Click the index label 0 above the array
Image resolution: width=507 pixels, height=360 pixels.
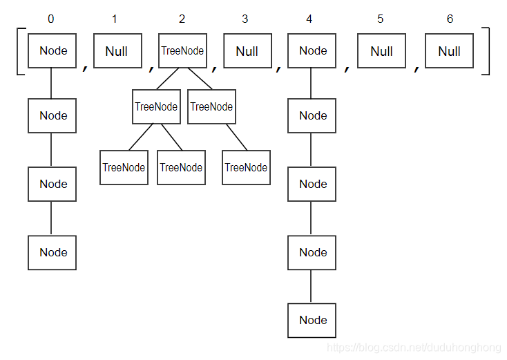pos(50,19)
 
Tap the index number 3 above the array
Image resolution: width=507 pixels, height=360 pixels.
pos(245,19)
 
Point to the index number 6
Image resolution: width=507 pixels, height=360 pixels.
pos(450,19)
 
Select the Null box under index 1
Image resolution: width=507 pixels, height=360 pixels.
pos(117,51)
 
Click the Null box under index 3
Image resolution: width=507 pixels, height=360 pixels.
pos(247,51)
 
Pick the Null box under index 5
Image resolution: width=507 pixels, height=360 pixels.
pos(381,51)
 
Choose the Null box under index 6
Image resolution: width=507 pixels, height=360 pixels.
pos(449,51)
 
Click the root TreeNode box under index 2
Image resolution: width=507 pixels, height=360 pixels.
pos(182,51)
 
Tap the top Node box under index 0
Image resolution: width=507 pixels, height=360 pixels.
pos(52,50)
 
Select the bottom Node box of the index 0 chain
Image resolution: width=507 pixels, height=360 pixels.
pos(52,252)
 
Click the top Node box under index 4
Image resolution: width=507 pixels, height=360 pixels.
pos(312,50)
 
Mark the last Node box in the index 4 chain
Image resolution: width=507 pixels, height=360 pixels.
pos(312,320)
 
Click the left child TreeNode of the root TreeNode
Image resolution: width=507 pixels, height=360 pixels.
pos(156,106)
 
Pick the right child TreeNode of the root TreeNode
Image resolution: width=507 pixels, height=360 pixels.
pos(211,106)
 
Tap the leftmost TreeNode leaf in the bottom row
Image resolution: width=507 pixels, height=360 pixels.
pos(124,167)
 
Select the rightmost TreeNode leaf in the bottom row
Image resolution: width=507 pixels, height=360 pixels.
pos(246,167)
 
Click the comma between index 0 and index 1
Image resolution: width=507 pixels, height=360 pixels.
pos(85,67)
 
